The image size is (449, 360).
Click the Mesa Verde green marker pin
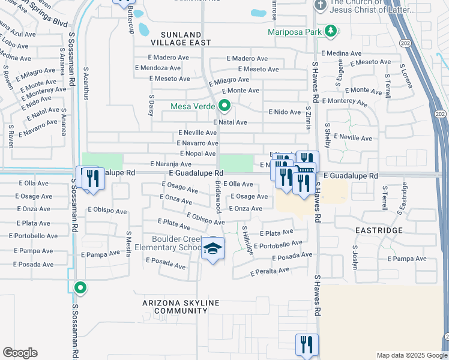(x=224, y=107)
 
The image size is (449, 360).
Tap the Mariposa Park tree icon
(x=330, y=31)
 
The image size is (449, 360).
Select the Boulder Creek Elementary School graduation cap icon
(x=212, y=250)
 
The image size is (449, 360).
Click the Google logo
(x=20, y=353)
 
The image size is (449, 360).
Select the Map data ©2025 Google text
(x=411, y=355)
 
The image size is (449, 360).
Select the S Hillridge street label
(x=247, y=240)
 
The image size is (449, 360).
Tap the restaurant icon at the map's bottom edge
(x=306, y=345)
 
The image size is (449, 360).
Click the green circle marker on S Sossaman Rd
(x=80, y=288)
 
